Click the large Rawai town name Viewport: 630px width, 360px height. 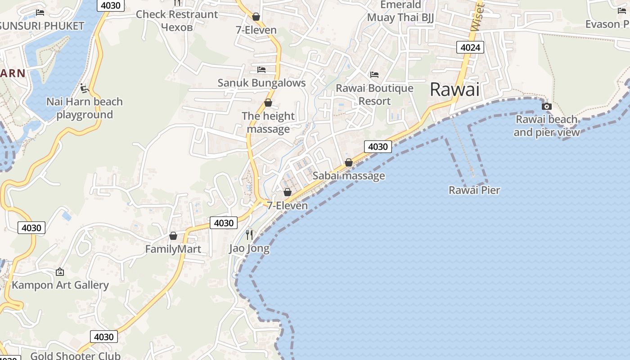(454, 90)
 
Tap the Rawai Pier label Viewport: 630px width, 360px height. (474, 190)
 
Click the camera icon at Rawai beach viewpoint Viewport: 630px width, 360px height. (547, 107)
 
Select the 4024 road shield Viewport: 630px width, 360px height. (470, 47)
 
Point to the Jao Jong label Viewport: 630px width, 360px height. (249, 248)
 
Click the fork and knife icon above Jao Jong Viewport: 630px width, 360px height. (249, 234)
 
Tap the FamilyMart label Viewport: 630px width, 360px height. (173, 249)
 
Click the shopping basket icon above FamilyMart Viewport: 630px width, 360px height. (173, 236)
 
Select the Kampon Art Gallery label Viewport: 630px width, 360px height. (60, 285)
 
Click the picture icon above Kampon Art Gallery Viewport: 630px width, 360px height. (59, 272)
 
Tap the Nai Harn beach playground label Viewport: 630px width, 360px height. (85, 108)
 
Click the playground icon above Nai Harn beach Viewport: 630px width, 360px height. (84, 88)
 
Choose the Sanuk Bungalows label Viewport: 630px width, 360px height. (261, 83)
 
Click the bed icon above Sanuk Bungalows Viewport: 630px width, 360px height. (261, 70)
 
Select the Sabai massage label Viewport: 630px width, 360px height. (349, 175)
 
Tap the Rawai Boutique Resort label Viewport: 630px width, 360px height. (374, 94)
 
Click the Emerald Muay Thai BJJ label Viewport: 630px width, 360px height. (400, 11)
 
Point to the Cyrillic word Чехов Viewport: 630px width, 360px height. (177, 27)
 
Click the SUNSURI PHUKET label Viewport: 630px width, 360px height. (42, 26)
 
